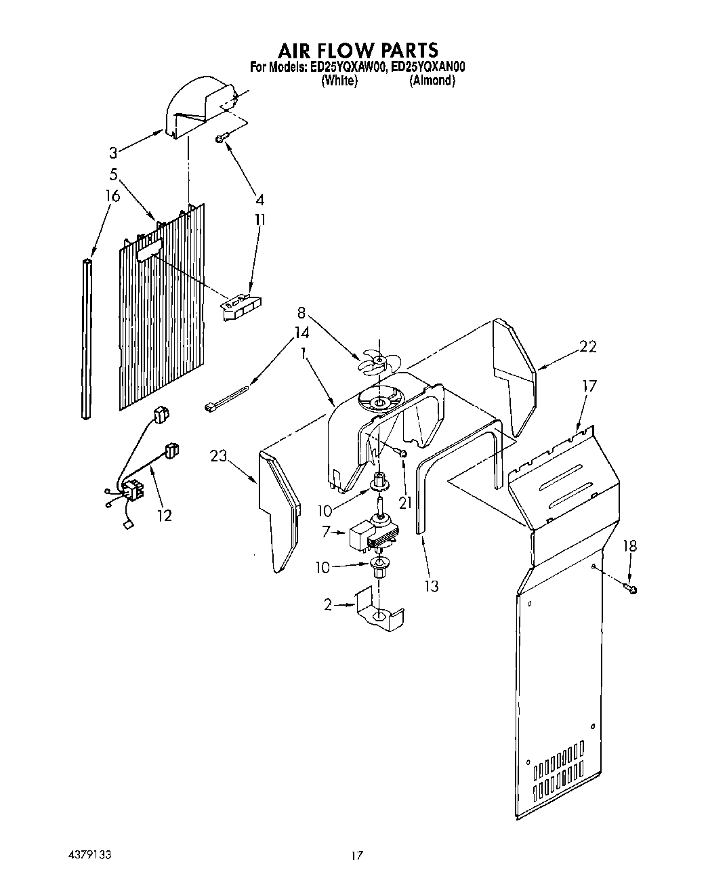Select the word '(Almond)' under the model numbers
432,81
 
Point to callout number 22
588,346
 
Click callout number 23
218,456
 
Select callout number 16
112,196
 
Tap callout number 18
629,546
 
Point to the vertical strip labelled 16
86,339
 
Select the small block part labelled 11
242,304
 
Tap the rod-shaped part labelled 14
228,398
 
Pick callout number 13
432,585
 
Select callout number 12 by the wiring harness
164,515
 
